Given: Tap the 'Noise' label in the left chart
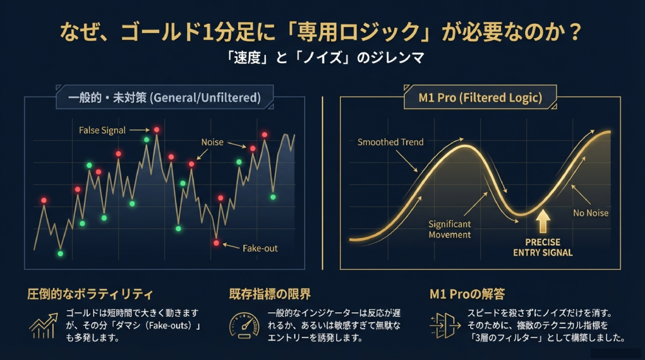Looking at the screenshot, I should [212, 142].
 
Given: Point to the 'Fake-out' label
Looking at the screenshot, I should [260, 248].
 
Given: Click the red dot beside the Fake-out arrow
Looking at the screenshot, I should [217, 243].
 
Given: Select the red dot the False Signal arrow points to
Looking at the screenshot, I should [156, 130].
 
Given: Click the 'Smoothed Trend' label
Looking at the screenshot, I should [390, 142].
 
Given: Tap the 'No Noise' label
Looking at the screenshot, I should [590, 213].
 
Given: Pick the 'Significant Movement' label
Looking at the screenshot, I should [450, 229].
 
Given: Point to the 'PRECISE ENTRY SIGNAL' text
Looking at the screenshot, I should [542, 247].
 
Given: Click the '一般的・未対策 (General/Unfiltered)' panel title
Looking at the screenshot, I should [164, 98].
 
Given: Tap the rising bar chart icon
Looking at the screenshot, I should [43, 326].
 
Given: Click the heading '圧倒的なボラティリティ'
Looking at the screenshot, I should [90, 294].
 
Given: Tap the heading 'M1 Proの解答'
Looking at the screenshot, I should [467, 294].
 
